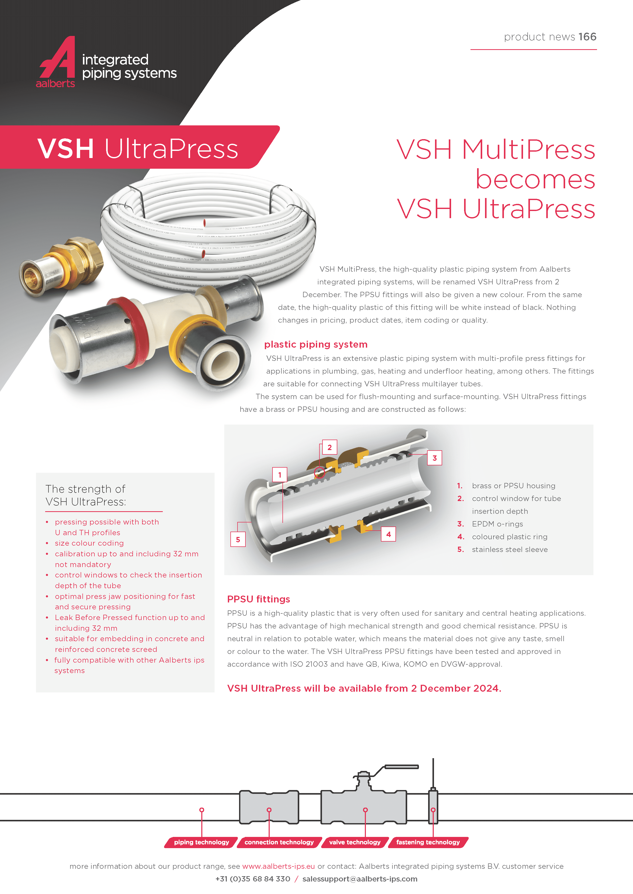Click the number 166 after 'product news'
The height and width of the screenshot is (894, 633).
pyautogui.click(x=587, y=37)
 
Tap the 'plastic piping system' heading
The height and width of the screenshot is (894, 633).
pyautogui.click(x=316, y=345)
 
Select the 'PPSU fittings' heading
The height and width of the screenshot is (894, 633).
pyautogui.click(x=258, y=599)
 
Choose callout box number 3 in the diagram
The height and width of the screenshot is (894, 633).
pyautogui.click(x=435, y=458)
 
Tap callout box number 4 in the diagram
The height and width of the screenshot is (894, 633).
pyautogui.click(x=388, y=534)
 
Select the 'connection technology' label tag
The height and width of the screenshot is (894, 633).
pyautogui.click(x=279, y=842)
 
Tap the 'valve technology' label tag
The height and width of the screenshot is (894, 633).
pyautogui.click(x=355, y=842)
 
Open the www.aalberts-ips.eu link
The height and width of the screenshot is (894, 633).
pyautogui.click(x=278, y=866)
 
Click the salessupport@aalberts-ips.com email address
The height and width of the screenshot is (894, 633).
pyautogui.click(x=360, y=879)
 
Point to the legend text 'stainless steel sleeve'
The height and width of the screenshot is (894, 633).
pyautogui.click(x=510, y=549)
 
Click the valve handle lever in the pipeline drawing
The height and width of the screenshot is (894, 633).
pyautogui.click(x=402, y=767)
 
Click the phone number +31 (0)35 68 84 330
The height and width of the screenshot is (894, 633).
pyautogui.click(x=253, y=879)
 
